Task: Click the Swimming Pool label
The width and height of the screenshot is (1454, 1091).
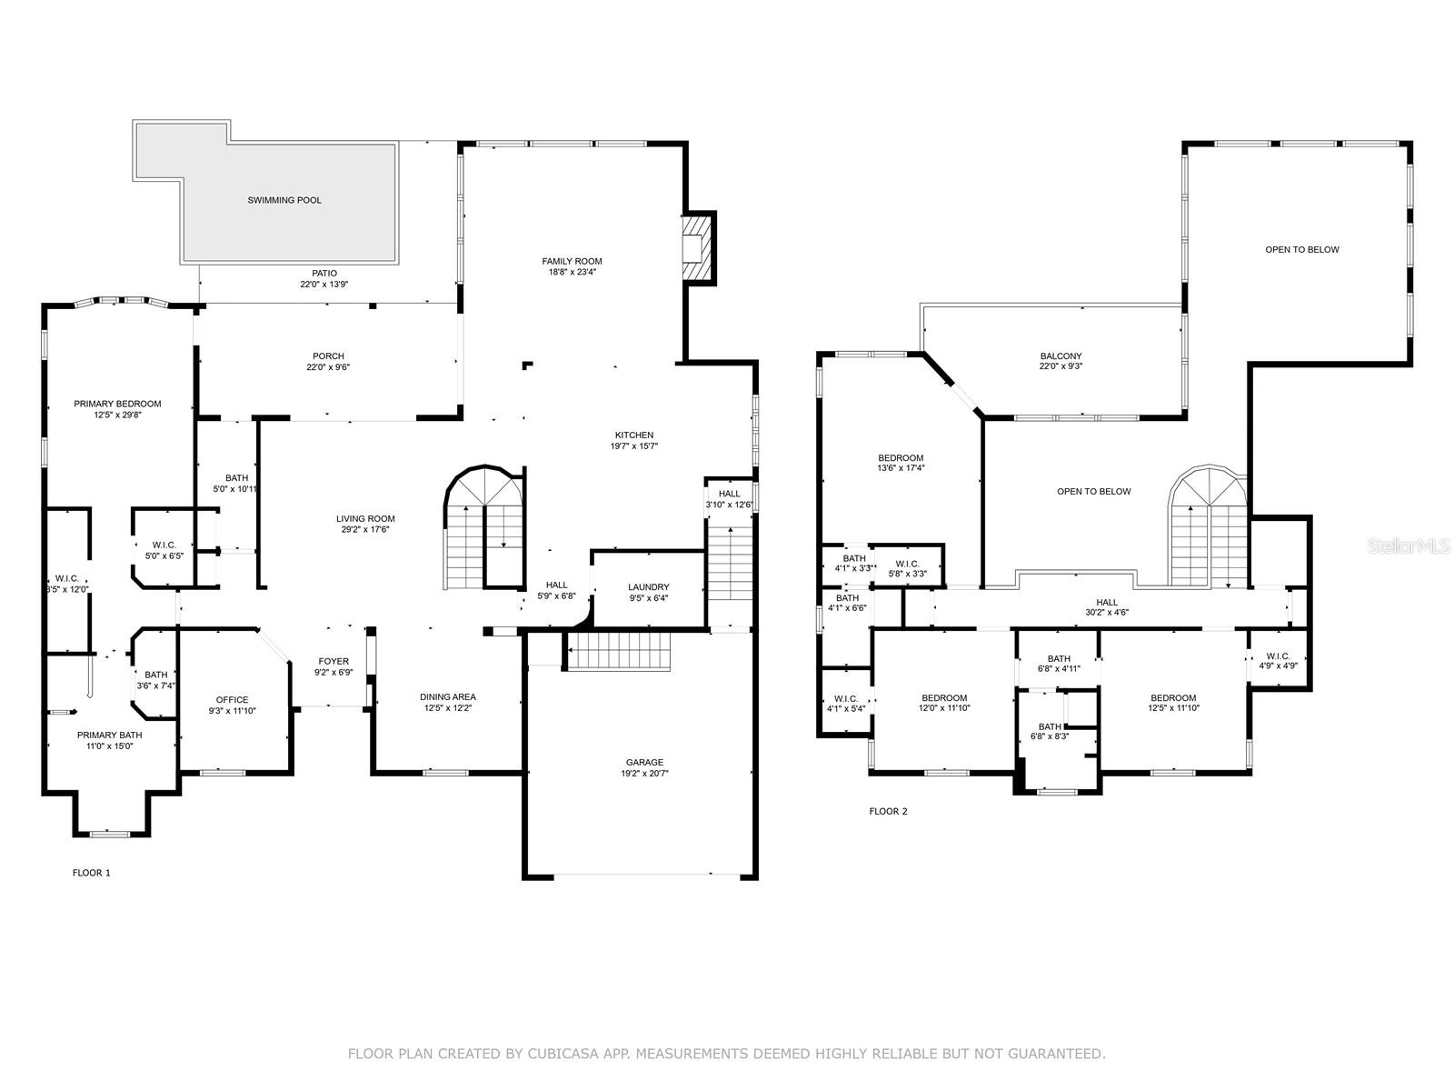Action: tap(284, 200)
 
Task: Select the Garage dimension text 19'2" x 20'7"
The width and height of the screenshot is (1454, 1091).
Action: tap(644, 774)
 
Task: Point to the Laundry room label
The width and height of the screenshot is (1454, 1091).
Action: tap(649, 587)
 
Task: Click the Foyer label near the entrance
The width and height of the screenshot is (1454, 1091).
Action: tap(334, 661)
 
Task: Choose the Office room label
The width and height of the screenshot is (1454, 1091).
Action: tap(232, 700)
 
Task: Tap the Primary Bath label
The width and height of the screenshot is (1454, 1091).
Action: tap(109, 735)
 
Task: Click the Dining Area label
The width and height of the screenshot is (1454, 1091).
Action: tap(448, 697)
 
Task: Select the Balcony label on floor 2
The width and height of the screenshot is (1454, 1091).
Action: tap(1061, 356)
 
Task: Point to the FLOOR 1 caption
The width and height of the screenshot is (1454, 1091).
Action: tap(92, 873)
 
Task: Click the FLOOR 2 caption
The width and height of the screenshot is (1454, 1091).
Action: tap(888, 811)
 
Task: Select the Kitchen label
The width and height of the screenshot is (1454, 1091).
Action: tap(633, 435)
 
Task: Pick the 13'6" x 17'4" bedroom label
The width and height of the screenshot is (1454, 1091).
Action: tap(901, 469)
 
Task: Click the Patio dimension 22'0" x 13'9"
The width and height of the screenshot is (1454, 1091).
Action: tap(324, 285)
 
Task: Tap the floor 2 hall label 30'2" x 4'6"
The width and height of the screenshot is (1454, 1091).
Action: tap(1107, 613)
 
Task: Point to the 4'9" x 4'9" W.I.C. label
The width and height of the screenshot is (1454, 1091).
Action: tap(1278, 666)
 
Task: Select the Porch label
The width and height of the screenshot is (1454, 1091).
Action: tap(328, 356)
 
